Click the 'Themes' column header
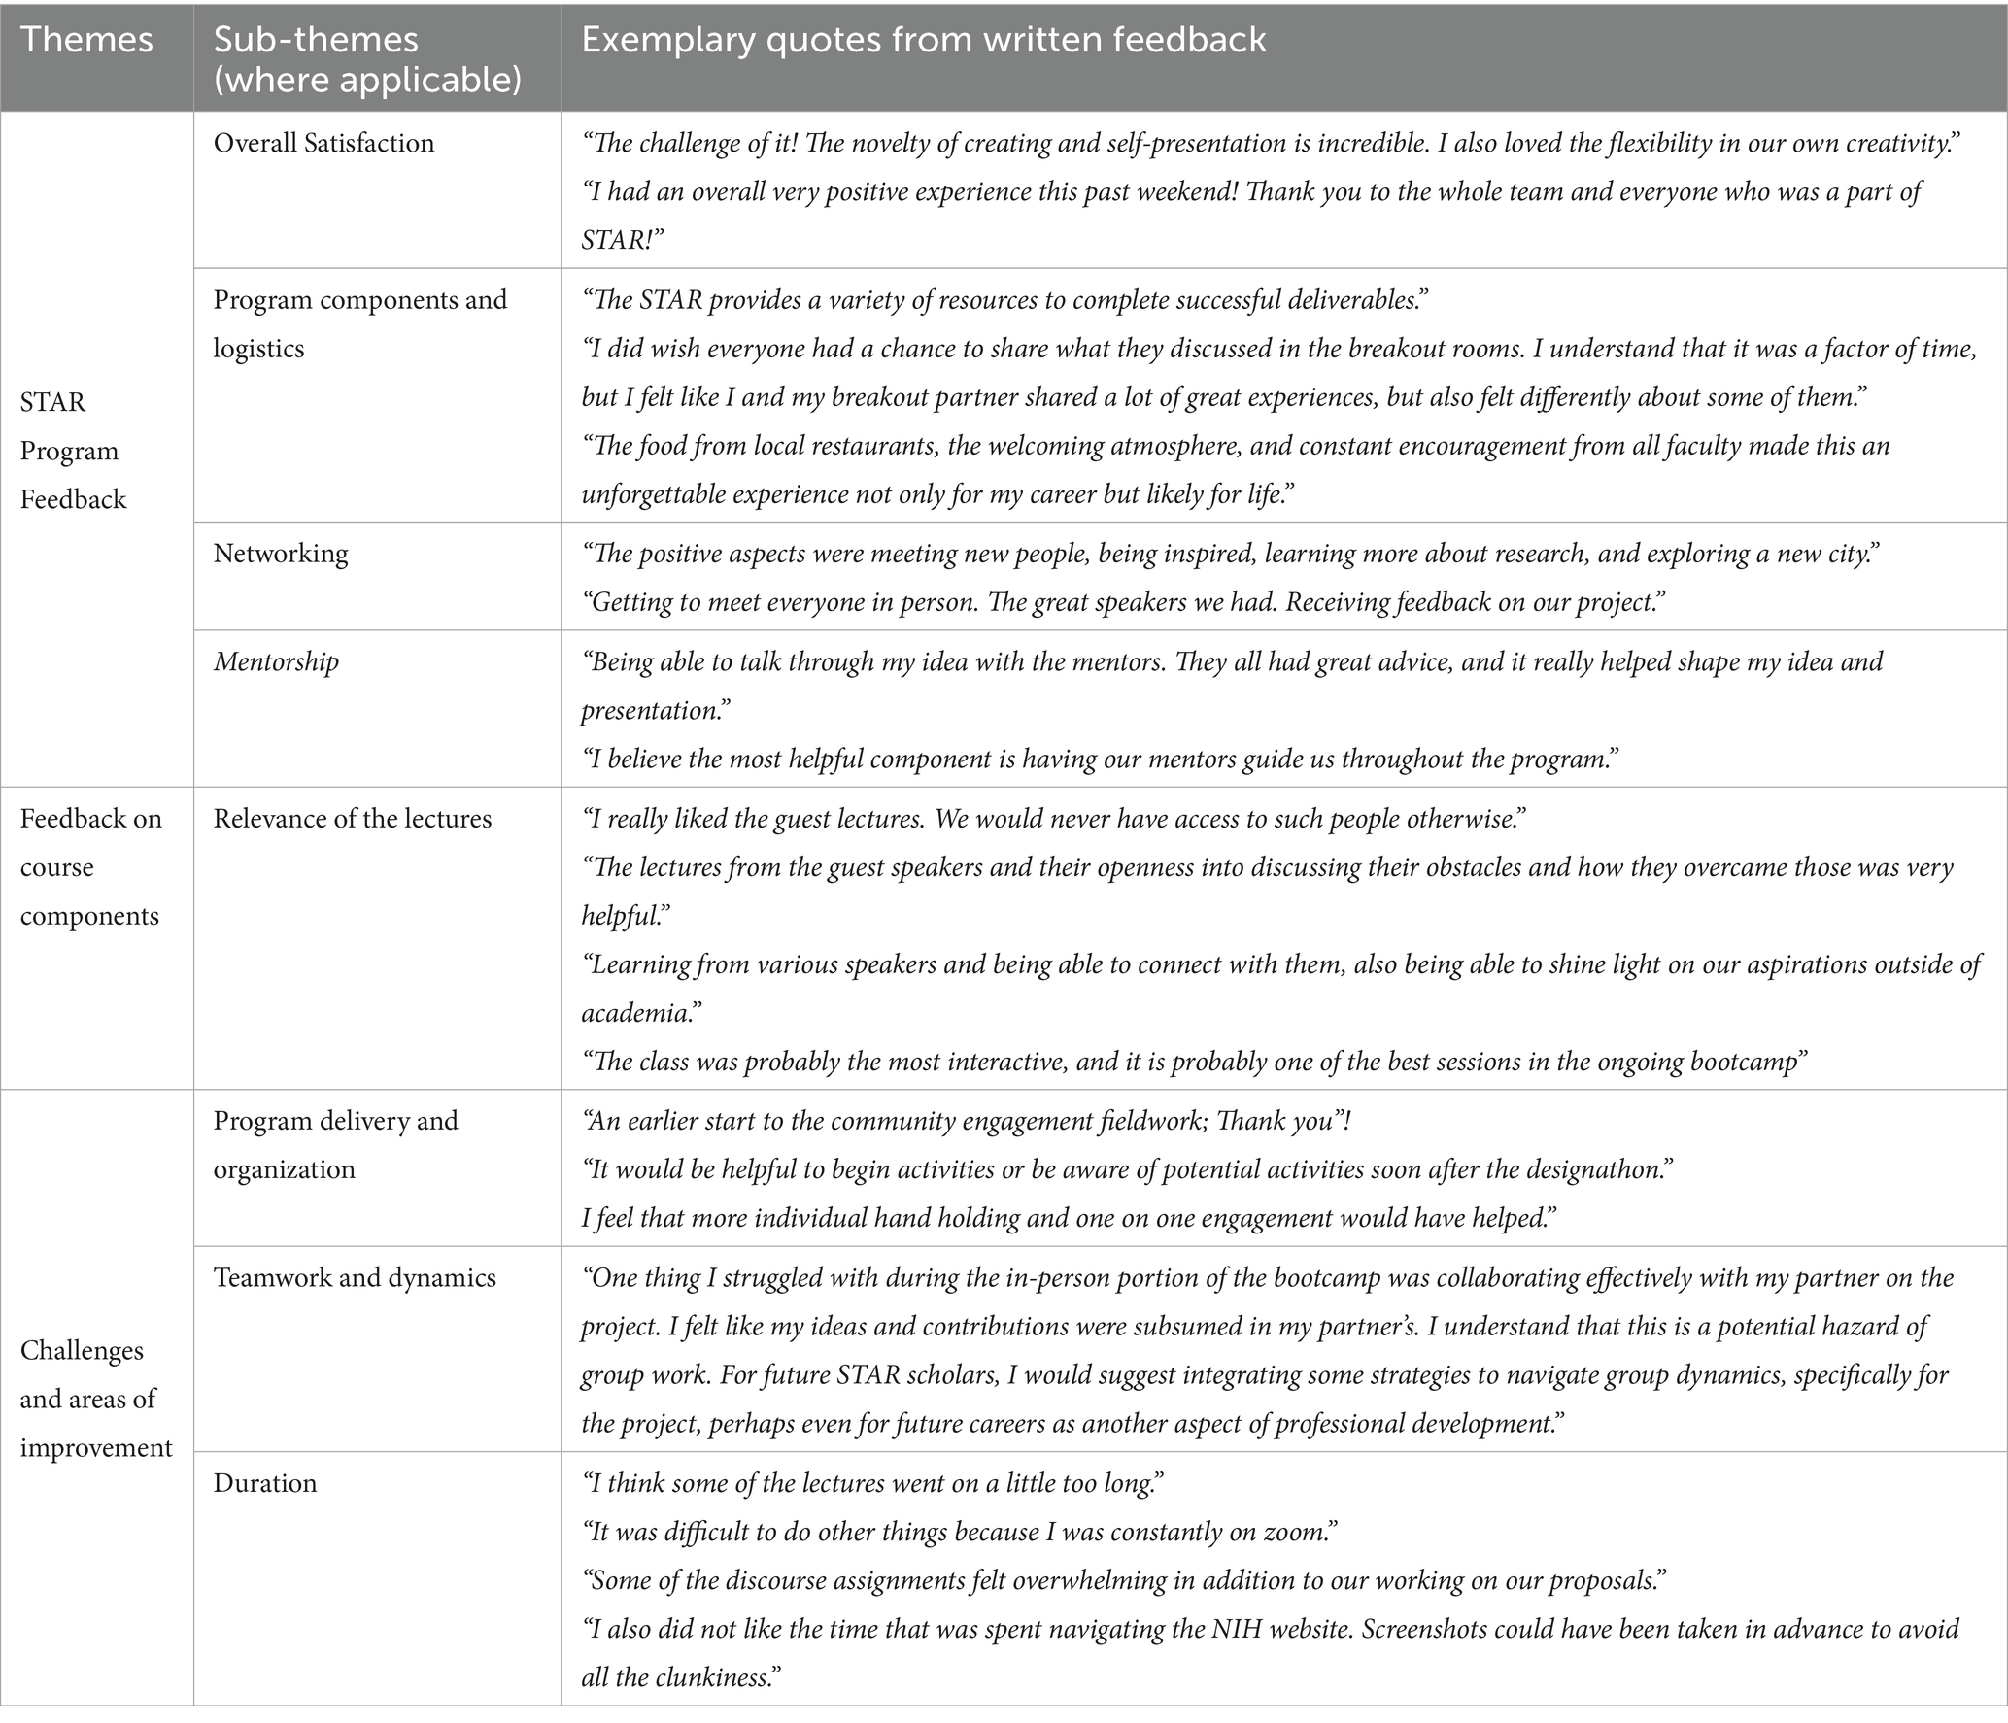point(86,40)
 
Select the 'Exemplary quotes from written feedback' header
point(923,40)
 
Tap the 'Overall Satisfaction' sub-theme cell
point(323,144)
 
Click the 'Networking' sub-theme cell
point(281,554)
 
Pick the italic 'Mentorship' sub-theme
point(276,662)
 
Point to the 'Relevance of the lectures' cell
point(353,819)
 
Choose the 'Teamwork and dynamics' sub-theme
point(355,1277)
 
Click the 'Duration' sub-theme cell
point(265,1483)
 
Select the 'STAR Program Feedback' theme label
point(73,451)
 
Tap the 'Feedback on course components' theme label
point(90,867)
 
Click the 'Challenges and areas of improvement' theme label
point(96,1399)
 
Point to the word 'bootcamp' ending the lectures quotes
point(1740,1062)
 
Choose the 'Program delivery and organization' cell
point(335,1145)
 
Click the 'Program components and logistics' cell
point(359,324)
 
